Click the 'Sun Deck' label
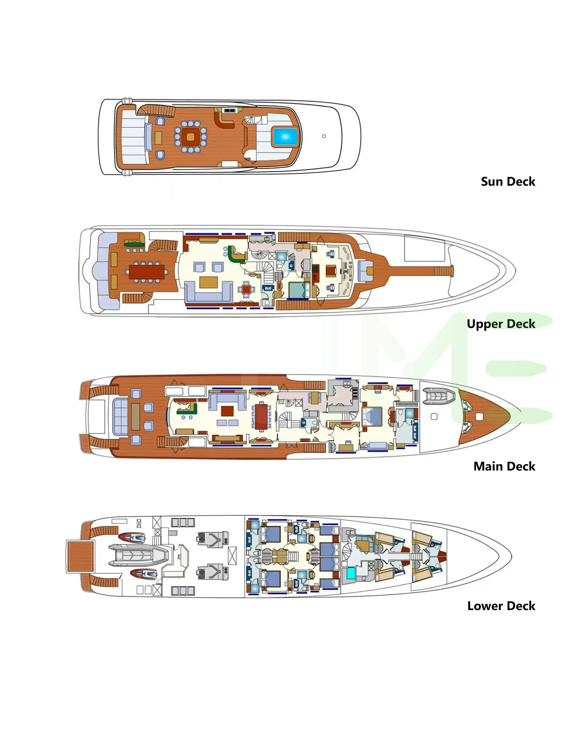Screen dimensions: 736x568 (508, 182)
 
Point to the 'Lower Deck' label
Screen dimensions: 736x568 (501, 606)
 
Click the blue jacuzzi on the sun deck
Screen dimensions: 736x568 (285, 137)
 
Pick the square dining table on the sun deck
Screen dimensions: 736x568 (190, 136)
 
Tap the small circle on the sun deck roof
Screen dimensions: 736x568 (324, 136)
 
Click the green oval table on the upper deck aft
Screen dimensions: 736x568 (135, 243)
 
